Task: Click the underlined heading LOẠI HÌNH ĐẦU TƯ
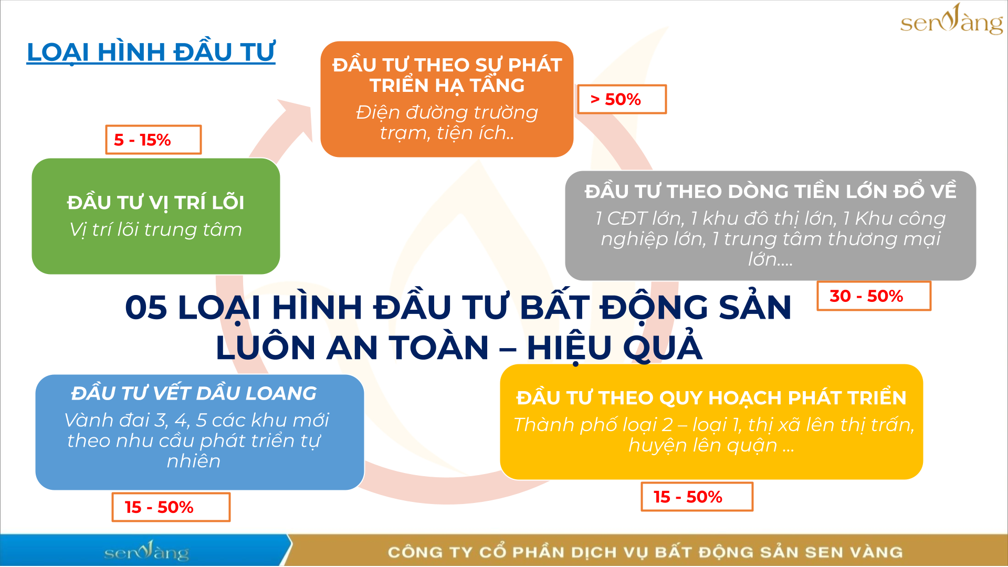(x=151, y=52)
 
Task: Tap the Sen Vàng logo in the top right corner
(x=951, y=20)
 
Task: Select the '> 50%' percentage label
(x=622, y=99)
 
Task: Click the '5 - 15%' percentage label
(x=153, y=140)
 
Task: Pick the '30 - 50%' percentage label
(x=874, y=296)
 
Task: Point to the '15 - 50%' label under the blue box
(x=171, y=507)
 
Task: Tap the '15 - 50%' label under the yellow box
(x=697, y=497)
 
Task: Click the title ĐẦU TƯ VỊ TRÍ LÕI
(x=156, y=203)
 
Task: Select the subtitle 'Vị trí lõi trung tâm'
(x=156, y=229)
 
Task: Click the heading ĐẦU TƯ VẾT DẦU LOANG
(x=194, y=393)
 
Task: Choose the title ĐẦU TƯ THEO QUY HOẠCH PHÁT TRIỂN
(x=711, y=398)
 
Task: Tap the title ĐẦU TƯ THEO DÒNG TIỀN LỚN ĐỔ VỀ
(x=771, y=191)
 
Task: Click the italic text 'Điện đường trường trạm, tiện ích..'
(x=447, y=122)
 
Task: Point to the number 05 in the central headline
(x=146, y=308)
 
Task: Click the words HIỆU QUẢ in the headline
(x=614, y=346)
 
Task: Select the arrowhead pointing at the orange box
(x=297, y=119)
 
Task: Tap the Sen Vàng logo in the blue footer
(x=146, y=551)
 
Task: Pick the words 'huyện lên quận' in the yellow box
(x=703, y=445)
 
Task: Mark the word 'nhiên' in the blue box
(x=194, y=461)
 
